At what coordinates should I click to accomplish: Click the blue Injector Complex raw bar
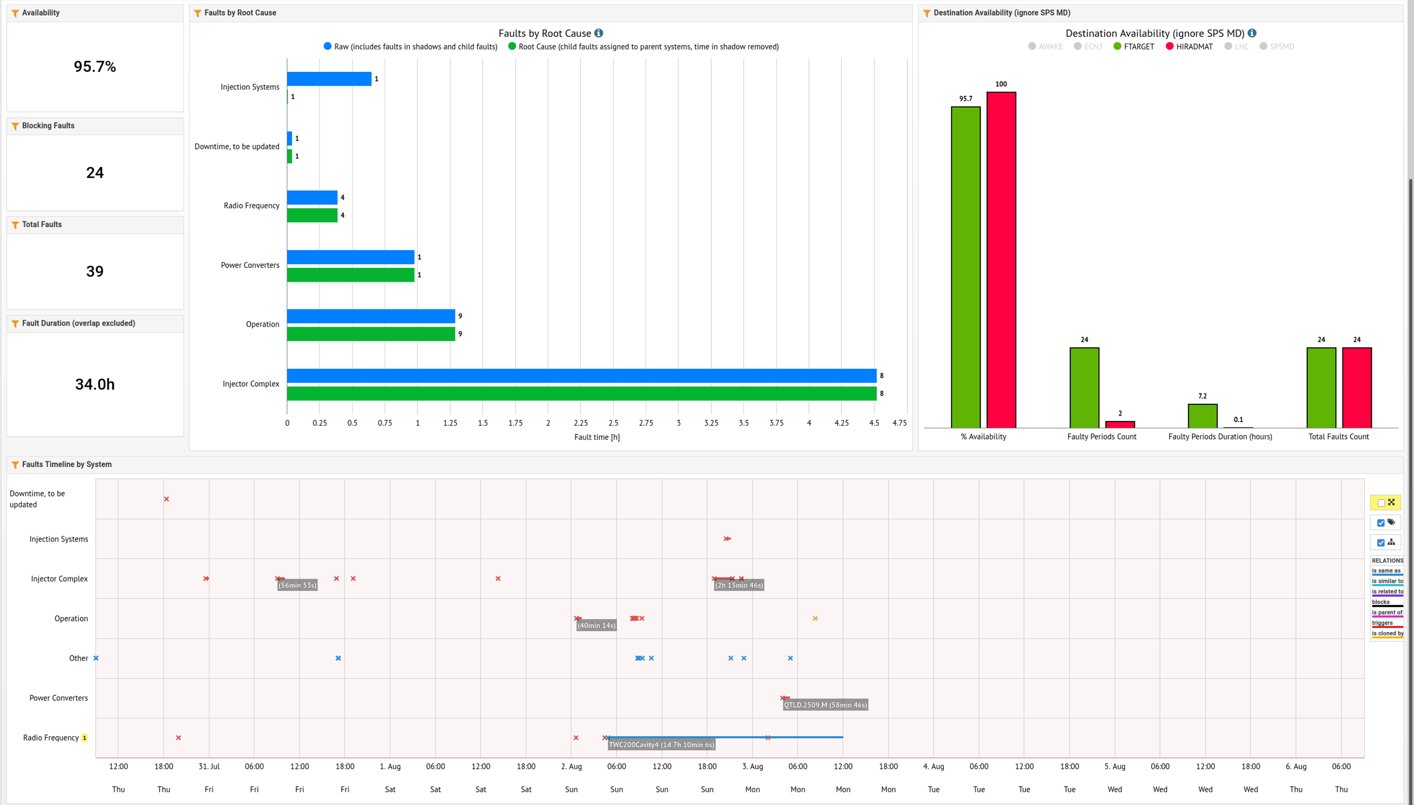coord(581,376)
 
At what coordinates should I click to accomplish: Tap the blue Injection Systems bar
coord(329,79)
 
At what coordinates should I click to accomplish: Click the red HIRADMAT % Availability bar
coord(1001,260)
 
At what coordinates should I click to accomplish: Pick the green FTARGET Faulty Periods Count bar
coord(1084,387)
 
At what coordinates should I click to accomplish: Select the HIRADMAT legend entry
coord(1189,47)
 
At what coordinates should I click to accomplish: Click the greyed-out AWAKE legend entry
coord(1045,47)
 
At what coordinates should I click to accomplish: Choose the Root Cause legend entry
coord(643,47)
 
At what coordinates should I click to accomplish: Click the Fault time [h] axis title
coord(597,437)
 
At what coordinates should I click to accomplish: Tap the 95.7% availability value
coord(95,67)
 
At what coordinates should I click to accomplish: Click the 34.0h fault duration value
coord(95,384)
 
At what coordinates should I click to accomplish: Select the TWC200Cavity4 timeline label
coord(661,745)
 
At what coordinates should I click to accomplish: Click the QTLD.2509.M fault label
coord(826,705)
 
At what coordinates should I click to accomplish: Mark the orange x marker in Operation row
coord(815,618)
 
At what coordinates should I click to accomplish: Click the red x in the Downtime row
coord(166,499)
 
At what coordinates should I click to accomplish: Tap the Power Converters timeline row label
coord(58,698)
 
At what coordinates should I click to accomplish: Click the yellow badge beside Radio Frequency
coord(84,737)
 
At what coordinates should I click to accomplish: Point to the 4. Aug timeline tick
coord(934,766)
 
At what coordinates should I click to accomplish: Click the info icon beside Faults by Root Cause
coord(598,33)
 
